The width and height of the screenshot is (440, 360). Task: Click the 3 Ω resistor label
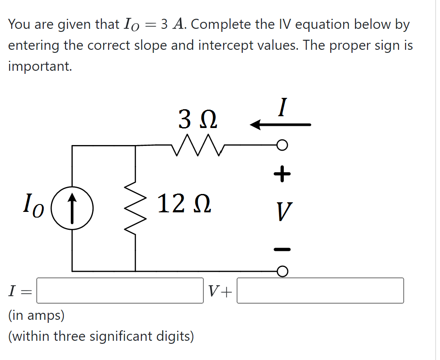point(198,119)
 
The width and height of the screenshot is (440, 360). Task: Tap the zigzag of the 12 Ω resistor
point(135,208)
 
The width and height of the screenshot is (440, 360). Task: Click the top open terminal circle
point(283,145)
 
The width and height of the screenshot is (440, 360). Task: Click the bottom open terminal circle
point(283,271)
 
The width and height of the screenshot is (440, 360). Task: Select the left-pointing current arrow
point(280,125)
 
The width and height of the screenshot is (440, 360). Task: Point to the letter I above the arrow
point(283,107)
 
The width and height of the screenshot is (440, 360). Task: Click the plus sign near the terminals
point(282,174)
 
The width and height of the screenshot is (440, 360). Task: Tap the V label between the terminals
point(283,212)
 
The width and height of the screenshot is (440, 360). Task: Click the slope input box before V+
point(120,291)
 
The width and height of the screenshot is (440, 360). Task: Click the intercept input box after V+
point(320,291)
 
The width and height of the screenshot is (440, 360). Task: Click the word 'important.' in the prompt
point(40,66)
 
